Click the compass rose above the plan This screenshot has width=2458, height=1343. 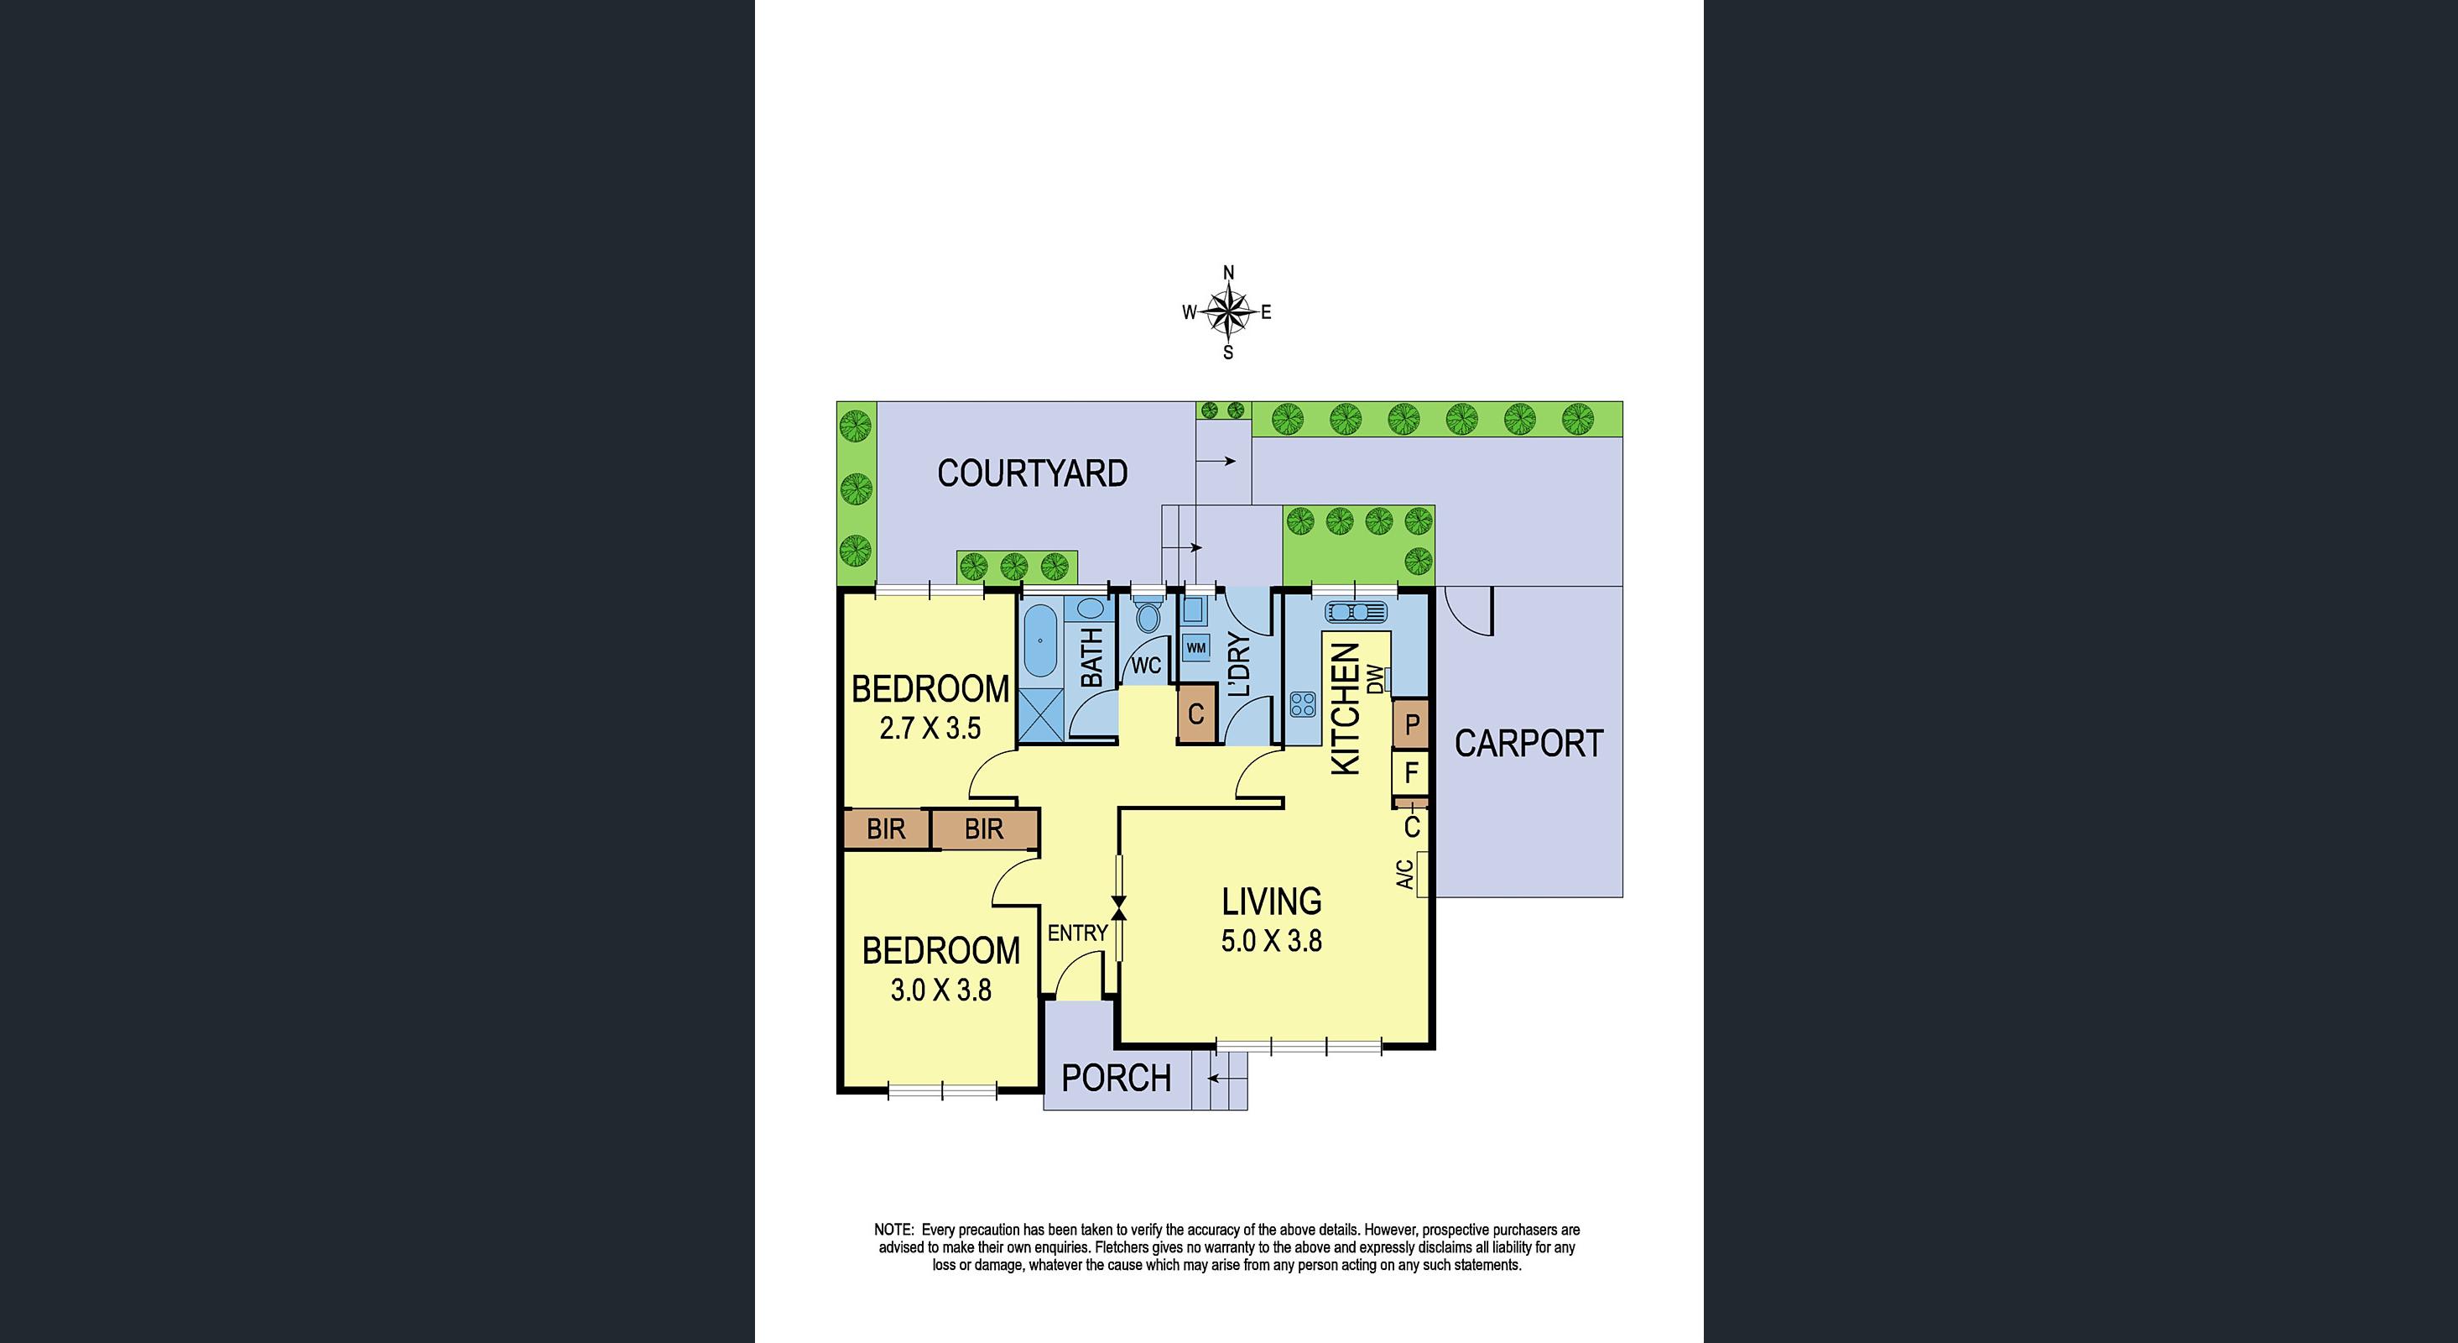(x=1228, y=312)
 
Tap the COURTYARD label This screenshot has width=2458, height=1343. (x=1033, y=473)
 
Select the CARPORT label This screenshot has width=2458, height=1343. (x=1528, y=744)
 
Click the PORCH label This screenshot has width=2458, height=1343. (x=1117, y=1078)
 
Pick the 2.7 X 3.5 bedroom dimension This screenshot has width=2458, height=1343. (x=930, y=729)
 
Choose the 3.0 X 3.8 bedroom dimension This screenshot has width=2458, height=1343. (x=940, y=990)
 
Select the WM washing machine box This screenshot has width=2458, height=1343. (x=1195, y=648)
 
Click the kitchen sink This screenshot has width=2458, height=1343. (x=1356, y=611)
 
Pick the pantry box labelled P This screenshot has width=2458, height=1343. (x=1411, y=724)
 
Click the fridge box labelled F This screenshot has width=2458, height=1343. (x=1411, y=772)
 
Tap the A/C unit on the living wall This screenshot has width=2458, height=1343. (x=1422, y=875)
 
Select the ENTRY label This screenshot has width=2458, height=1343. (x=1077, y=933)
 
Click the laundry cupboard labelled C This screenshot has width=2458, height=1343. (x=1196, y=714)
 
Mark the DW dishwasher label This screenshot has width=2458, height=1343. (x=1375, y=679)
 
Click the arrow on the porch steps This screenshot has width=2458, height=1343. (x=1227, y=1079)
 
